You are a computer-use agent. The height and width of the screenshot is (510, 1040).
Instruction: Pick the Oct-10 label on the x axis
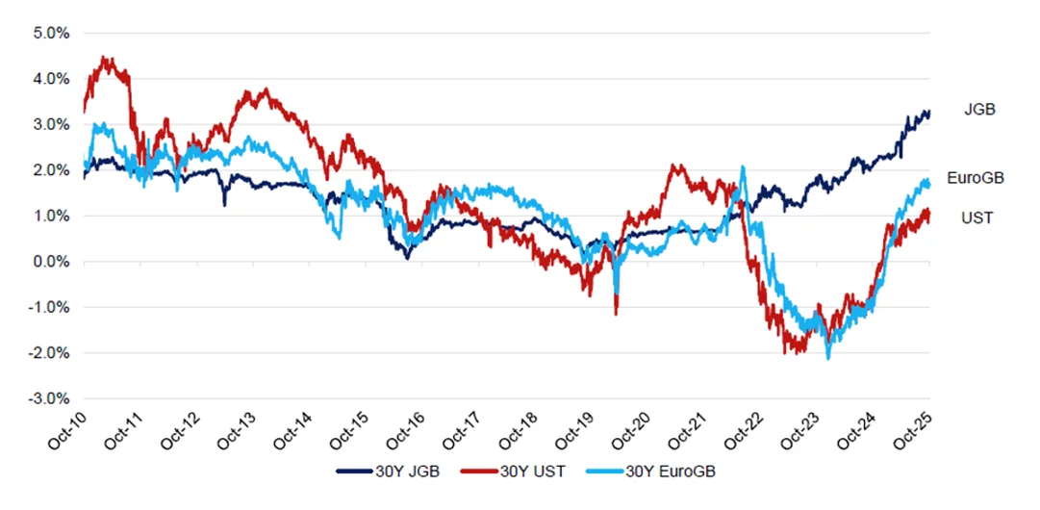pyautogui.click(x=69, y=431)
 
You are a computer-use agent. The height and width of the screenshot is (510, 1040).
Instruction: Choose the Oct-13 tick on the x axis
pyautogui.click(x=238, y=431)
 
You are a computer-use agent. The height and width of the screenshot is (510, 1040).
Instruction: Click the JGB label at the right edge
pyautogui.click(x=978, y=110)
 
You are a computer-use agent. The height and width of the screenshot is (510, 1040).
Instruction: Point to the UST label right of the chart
pyautogui.click(x=977, y=218)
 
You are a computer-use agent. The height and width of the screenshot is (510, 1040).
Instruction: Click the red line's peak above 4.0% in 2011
pyautogui.click(x=106, y=58)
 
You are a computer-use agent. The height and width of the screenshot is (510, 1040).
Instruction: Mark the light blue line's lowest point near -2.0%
pyautogui.click(x=827, y=358)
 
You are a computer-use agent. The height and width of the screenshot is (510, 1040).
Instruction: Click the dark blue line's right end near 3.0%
pyautogui.click(x=928, y=113)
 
